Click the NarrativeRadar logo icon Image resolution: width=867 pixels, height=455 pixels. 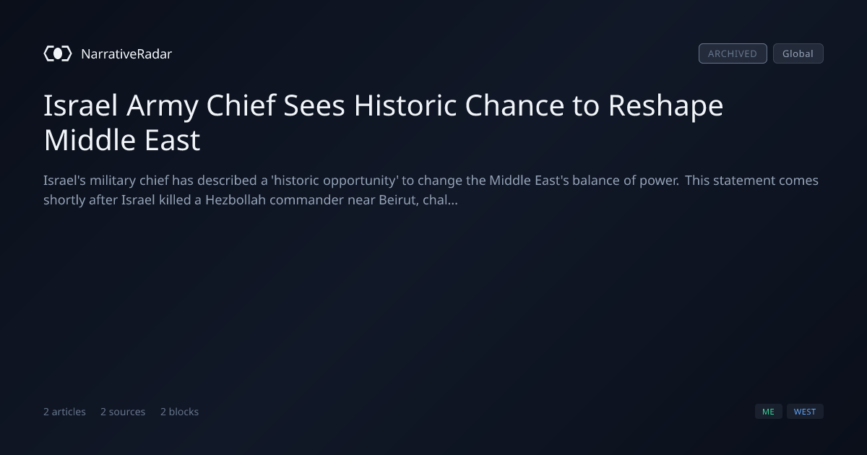58,53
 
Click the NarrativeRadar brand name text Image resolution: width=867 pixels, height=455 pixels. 126,53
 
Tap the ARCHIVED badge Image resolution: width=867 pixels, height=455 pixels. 733,53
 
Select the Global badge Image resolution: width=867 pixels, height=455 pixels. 798,53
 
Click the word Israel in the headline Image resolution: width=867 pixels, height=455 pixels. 80,105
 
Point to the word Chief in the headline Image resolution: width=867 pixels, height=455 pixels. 241,105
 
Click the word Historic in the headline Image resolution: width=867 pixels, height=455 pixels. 405,105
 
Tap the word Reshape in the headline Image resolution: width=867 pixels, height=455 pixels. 665,106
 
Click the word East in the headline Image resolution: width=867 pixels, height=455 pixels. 172,140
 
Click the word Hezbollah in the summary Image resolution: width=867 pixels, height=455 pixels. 236,199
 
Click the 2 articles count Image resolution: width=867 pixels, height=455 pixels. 64,412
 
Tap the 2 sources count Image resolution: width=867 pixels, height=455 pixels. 123,412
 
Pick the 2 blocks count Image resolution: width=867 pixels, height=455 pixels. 180,412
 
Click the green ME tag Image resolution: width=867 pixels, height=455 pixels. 768,411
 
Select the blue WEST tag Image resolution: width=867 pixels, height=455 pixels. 805,411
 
